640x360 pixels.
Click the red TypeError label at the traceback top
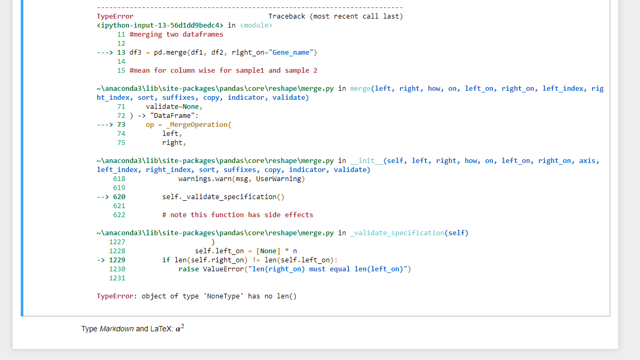coord(115,16)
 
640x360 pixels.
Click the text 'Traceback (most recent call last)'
coord(336,16)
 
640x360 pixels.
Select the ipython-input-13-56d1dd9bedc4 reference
coord(160,25)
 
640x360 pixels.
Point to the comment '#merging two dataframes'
coord(176,35)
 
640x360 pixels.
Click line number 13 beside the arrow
coord(121,53)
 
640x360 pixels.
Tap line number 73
coord(121,125)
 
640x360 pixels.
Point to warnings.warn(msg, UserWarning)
coord(242,179)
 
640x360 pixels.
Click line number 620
coord(119,197)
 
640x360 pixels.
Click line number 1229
coord(117,260)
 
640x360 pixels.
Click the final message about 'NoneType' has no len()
coord(197,296)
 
